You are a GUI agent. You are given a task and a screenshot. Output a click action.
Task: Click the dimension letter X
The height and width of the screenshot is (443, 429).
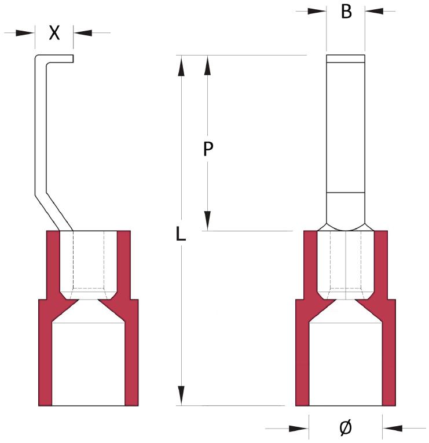tap(54, 33)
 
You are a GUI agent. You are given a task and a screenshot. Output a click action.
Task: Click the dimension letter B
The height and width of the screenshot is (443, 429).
tap(346, 11)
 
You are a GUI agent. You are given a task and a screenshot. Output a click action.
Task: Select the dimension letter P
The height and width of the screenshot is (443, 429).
tap(208, 150)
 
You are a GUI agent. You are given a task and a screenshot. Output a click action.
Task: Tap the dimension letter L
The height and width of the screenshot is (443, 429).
tap(181, 234)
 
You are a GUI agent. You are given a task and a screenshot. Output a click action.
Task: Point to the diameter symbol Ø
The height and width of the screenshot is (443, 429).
tap(345, 428)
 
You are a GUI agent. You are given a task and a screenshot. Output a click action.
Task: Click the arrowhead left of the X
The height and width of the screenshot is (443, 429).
tap(27, 33)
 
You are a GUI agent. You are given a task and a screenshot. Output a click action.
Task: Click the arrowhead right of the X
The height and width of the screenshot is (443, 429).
tap(83, 33)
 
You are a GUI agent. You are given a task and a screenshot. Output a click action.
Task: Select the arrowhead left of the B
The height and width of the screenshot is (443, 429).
tap(317, 11)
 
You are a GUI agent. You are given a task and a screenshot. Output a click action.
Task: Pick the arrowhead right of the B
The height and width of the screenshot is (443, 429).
tap(373, 11)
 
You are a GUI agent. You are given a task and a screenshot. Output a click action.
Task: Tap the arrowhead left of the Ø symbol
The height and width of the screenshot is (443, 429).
tap(299, 429)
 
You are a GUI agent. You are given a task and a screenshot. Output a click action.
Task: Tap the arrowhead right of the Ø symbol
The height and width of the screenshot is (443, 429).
tap(393, 429)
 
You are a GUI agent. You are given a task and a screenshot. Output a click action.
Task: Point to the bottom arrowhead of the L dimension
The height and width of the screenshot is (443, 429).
tap(182, 397)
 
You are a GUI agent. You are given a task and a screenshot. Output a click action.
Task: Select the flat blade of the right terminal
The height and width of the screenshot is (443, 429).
tap(345, 127)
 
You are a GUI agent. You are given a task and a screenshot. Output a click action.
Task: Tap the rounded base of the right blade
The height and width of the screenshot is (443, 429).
tap(345, 211)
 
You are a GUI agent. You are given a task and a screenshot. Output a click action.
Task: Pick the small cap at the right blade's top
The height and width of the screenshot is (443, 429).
tap(345, 58)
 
